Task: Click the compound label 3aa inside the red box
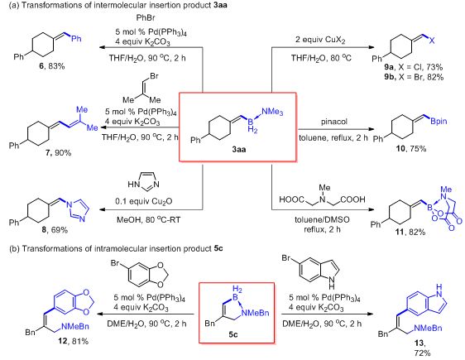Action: tap(239, 149)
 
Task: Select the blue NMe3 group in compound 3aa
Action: tap(272, 112)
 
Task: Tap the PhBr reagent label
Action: tap(146, 17)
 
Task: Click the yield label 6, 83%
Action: tap(52, 66)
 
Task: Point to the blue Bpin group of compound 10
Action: tap(439, 122)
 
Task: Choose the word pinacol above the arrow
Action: tap(334, 122)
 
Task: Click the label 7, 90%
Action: tap(59, 153)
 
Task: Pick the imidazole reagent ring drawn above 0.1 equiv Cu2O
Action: tap(143, 181)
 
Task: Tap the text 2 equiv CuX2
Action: tap(320, 40)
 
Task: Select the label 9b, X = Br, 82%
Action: tap(414, 77)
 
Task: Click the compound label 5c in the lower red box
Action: tap(233, 334)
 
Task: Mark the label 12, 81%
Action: tap(73, 341)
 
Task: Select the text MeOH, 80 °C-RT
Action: tap(148, 220)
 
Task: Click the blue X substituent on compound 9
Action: tap(432, 41)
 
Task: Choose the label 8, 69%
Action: tap(55, 229)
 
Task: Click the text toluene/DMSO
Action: tap(322, 219)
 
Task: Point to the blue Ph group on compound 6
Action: tap(76, 39)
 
